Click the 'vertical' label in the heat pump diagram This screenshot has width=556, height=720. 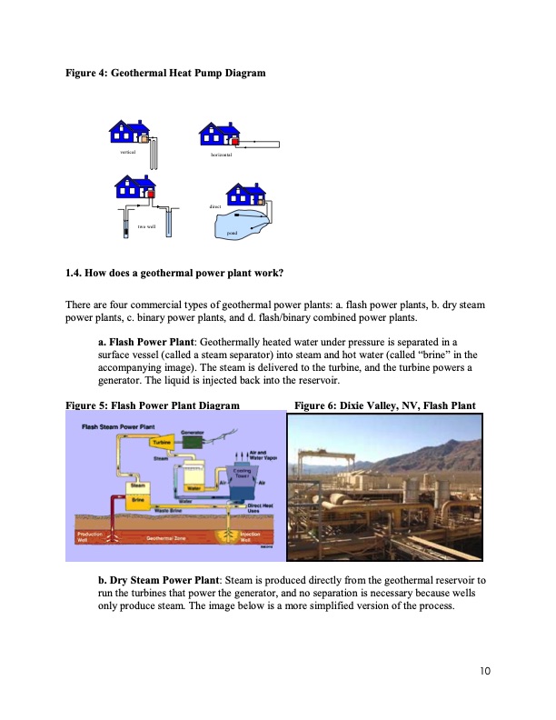click(127, 152)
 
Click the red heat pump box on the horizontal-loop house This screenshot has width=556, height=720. click(234, 141)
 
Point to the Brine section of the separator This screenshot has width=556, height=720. click(138, 499)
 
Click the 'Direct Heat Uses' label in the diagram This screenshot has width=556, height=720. click(261, 506)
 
